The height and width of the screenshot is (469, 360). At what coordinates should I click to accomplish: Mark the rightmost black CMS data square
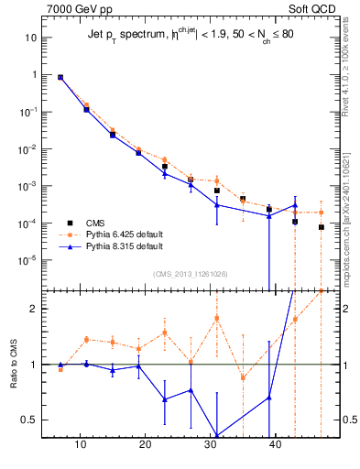point(322,227)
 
